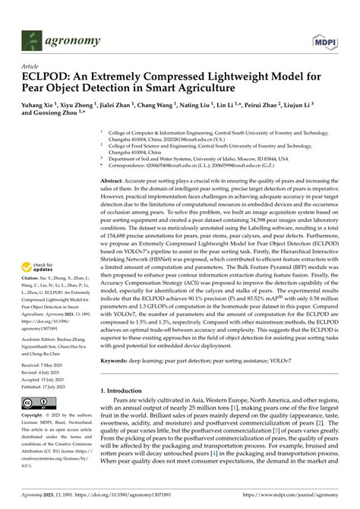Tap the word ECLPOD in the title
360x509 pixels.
click(46, 77)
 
